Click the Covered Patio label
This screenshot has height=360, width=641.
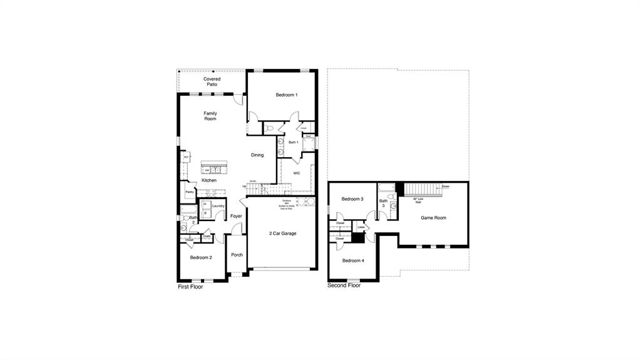click(212, 81)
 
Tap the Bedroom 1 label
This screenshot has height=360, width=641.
click(287, 95)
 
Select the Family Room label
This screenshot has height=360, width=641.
click(210, 116)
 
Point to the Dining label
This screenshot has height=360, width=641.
click(257, 155)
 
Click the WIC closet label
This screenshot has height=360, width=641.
click(297, 173)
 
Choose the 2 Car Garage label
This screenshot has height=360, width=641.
click(282, 234)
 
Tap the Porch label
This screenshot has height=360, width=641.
click(237, 255)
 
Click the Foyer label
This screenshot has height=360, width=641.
click(236, 216)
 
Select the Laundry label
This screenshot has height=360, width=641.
click(218, 206)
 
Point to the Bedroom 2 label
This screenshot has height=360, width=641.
click(201, 258)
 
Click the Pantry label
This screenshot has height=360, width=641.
click(189, 192)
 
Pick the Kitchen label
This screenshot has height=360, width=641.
click(209, 180)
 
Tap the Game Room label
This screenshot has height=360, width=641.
click(433, 218)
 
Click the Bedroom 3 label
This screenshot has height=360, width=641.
click(352, 199)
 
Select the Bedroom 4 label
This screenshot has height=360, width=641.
click(352, 260)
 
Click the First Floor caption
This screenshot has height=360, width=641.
click(190, 287)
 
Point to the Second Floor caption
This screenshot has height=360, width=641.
click(344, 285)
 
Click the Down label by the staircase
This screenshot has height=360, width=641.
click(445, 187)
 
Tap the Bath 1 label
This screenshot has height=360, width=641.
click(293, 143)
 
